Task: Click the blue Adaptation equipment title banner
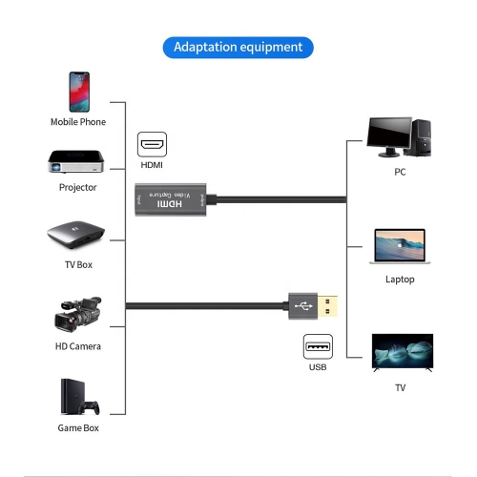(238, 47)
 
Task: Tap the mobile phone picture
(78, 92)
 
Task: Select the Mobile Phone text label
(78, 122)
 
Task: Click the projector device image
(78, 160)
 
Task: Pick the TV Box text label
(78, 264)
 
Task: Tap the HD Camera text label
(78, 346)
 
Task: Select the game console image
(78, 398)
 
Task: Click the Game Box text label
(78, 428)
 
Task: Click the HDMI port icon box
(152, 145)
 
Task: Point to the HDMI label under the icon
(152, 165)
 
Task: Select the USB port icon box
(318, 346)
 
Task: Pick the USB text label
(318, 367)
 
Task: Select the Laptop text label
(400, 280)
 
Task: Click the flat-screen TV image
(402, 352)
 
